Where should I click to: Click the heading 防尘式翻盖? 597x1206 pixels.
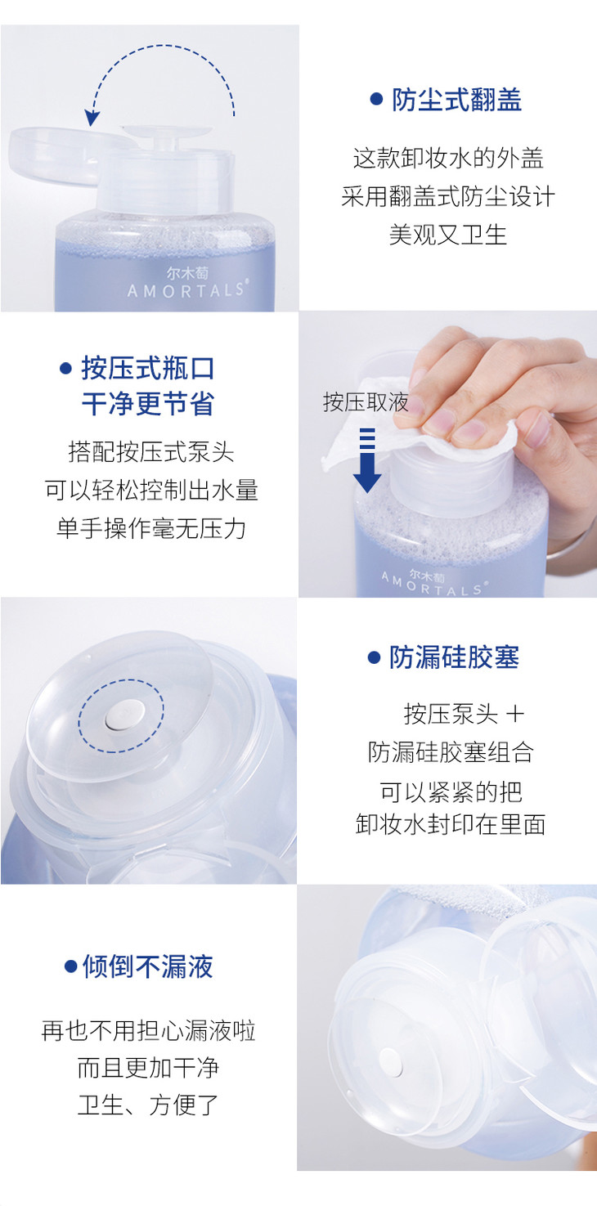(x=456, y=100)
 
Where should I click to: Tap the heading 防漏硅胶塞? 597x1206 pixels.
(x=455, y=657)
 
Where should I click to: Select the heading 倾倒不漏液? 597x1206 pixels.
(x=148, y=966)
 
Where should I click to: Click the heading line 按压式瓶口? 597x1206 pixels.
(x=148, y=369)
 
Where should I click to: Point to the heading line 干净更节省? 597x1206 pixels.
(x=148, y=404)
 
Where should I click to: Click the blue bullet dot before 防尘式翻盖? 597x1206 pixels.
(x=376, y=99)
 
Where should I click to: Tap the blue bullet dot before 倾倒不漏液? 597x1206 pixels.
(x=70, y=966)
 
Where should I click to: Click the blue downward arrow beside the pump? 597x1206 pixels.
(x=367, y=460)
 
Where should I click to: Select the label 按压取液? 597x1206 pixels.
(x=366, y=402)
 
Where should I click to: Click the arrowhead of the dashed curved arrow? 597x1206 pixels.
(x=92, y=118)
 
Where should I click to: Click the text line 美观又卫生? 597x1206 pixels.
(x=448, y=235)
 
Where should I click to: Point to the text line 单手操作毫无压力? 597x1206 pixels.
(x=151, y=529)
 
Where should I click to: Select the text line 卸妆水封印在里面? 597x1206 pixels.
(x=451, y=824)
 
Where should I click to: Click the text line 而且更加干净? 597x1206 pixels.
(x=148, y=1068)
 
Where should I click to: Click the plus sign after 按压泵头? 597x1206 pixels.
(x=514, y=715)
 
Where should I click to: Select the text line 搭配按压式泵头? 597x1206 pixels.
(x=151, y=452)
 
